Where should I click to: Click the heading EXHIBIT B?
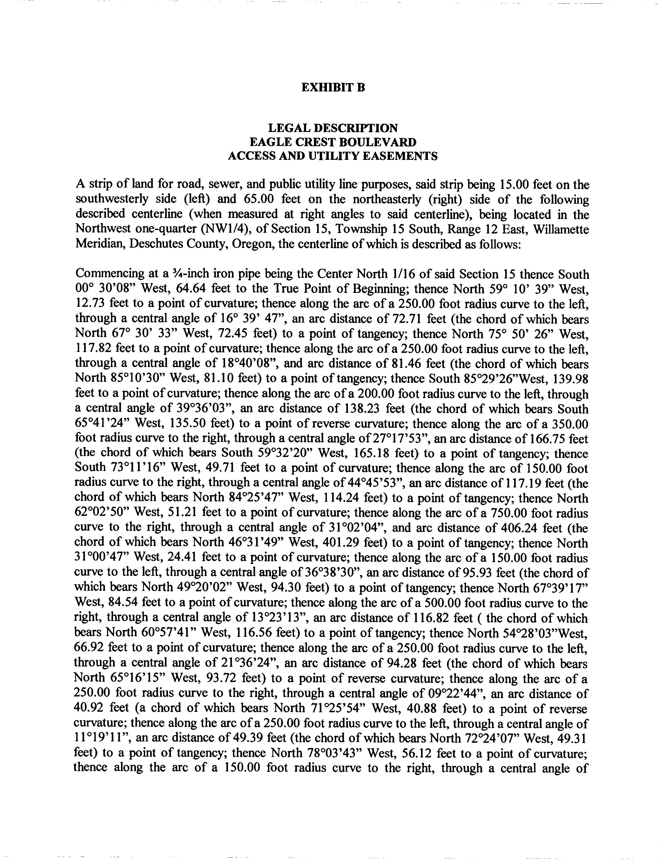pyautogui.click(x=333, y=87)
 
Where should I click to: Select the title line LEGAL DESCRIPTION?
pyautogui.click(x=333, y=128)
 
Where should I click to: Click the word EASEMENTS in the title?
pyautogui.click(x=399, y=156)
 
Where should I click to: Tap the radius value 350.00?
pyautogui.click(x=569, y=424)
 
